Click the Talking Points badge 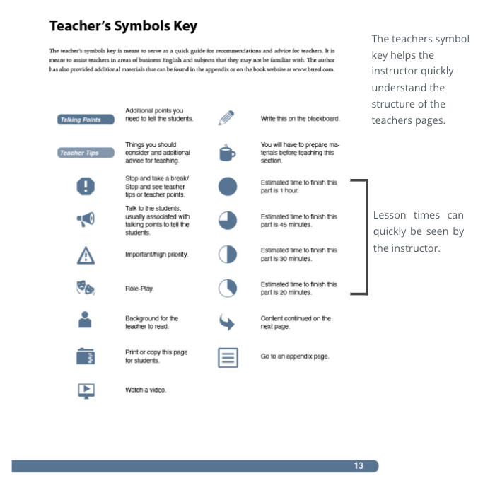point(81,120)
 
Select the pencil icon point(226,118)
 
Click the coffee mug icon point(226,153)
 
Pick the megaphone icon point(86,220)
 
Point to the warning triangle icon point(86,254)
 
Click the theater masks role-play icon point(86,288)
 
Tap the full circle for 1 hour point(227,186)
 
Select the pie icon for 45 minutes point(227,220)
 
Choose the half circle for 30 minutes point(227,254)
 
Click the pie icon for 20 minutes point(227,288)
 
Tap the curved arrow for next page point(227,323)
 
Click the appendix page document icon point(227,357)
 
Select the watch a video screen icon point(86,390)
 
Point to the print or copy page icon point(86,356)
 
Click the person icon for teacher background point(86,322)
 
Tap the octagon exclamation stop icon point(86,187)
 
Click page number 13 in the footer point(359,465)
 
